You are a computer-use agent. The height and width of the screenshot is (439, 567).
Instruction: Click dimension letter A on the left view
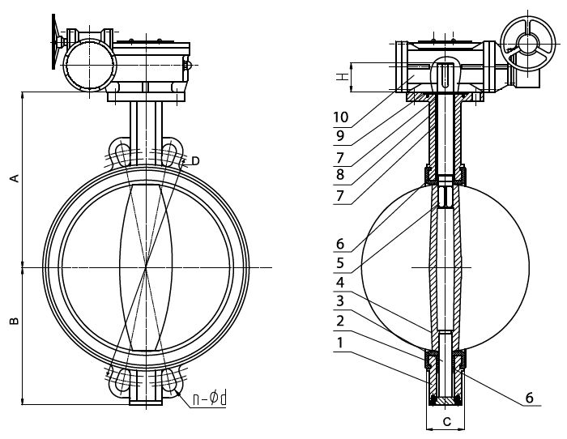(x=14, y=178)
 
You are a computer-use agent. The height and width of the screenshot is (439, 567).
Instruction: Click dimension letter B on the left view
(x=14, y=321)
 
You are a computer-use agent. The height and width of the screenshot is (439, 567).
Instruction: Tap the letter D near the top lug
(x=195, y=161)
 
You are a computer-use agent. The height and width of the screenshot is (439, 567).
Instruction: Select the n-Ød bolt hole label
(x=209, y=399)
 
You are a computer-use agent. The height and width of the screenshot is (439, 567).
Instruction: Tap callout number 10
(x=341, y=117)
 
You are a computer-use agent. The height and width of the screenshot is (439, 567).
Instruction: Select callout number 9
(x=340, y=136)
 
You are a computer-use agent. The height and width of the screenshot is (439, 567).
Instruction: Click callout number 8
(x=340, y=175)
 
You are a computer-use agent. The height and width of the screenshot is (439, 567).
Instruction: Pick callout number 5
(x=340, y=263)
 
